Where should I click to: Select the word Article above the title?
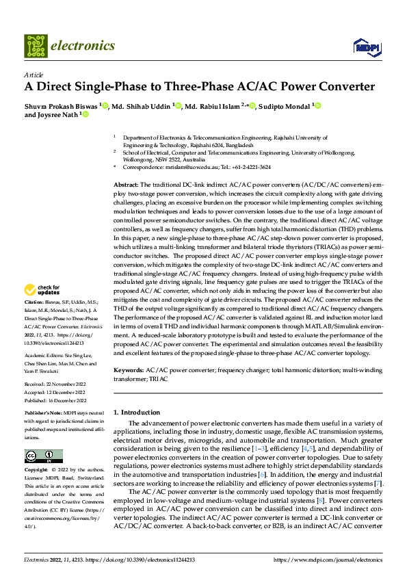point(34,74)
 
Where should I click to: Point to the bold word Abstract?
point(126,185)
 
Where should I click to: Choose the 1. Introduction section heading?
point(136,413)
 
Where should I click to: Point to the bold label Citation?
point(34,321)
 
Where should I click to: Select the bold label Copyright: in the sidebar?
point(37,471)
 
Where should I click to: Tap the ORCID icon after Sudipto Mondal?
point(317,105)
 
